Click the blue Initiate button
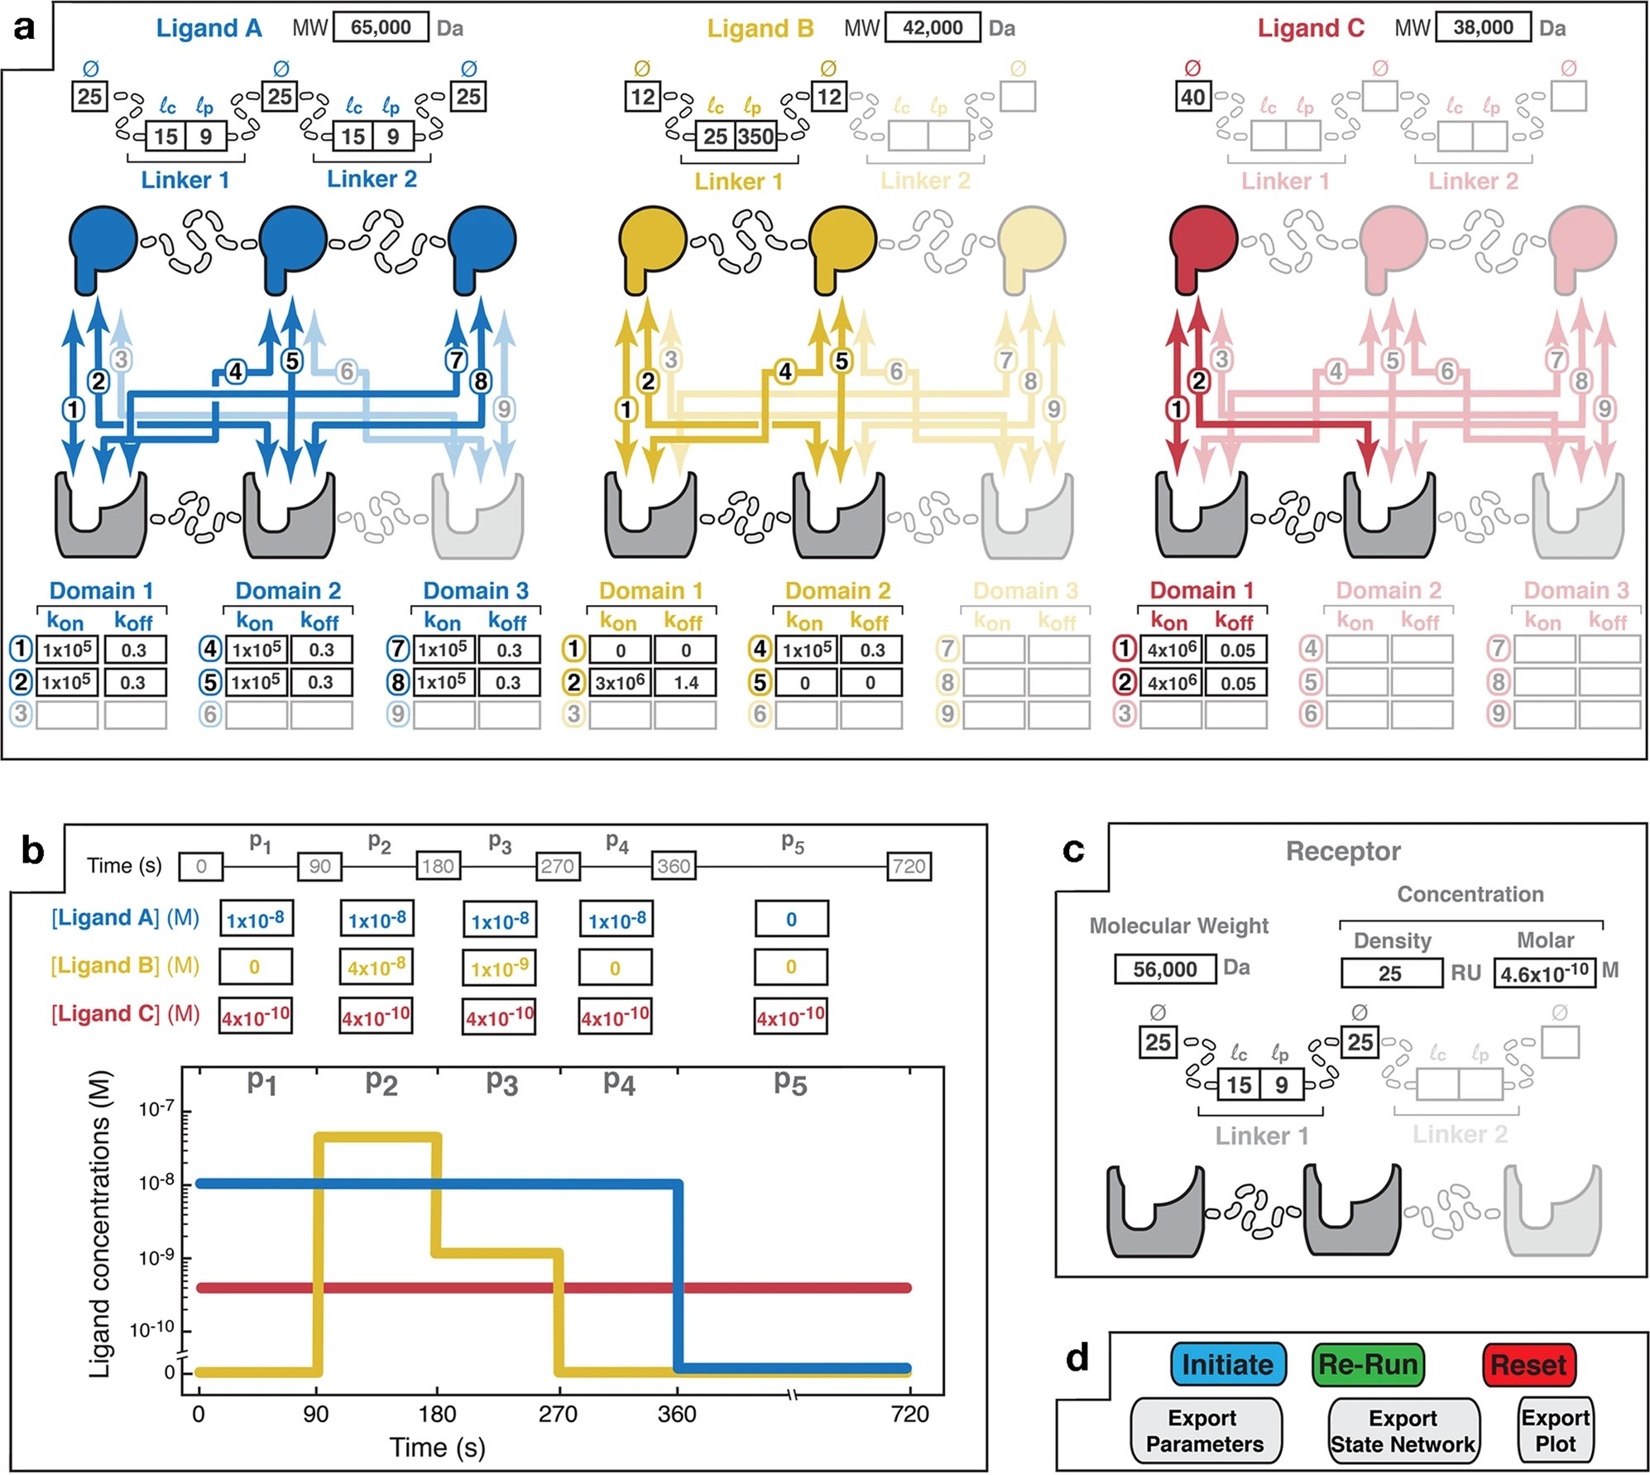point(1228,1364)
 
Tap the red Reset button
point(1528,1364)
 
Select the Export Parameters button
point(1205,1431)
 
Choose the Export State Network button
point(1403,1431)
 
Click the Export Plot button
point(1555,1431)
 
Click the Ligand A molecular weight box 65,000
point(381,27)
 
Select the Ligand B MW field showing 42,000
point(933,27)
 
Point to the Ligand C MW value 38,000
point(1483,27)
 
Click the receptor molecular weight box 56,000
point(1164,969)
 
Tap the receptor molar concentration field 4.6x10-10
point(1544,973)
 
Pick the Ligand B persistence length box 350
point(756,137)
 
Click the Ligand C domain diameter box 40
point(1192,97)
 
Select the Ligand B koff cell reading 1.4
point(686,683)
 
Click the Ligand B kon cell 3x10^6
point(621,683)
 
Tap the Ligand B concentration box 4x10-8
point(377,967)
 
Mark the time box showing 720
point(909,867)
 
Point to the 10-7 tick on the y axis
point(156,1110)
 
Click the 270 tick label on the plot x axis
point(559,1415)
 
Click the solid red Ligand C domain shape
point(1202,244)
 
